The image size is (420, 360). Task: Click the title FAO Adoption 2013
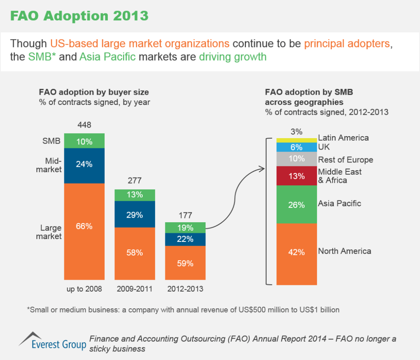click(79, 16)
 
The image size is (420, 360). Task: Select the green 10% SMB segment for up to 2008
click(84, 141)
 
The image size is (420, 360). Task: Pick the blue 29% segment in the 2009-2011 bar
click(135, 214)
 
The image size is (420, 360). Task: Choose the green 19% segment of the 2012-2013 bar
click(185, 228)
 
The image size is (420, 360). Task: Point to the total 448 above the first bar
click(84, 125)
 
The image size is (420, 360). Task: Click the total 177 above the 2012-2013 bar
click(185, 214)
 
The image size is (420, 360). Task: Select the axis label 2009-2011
click(135, 289)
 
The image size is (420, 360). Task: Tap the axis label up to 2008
click(84, 289)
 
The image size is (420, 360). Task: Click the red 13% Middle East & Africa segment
click(297, 176)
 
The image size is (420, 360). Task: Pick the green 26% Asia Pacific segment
click(297, 204)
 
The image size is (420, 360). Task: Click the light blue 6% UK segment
click(297, 147)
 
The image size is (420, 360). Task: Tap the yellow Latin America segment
click(297, 140)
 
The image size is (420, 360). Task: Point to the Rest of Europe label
click(345, 159)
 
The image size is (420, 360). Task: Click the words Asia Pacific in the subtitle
click(107, 57)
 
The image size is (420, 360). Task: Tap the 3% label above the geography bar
click(296, 132)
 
